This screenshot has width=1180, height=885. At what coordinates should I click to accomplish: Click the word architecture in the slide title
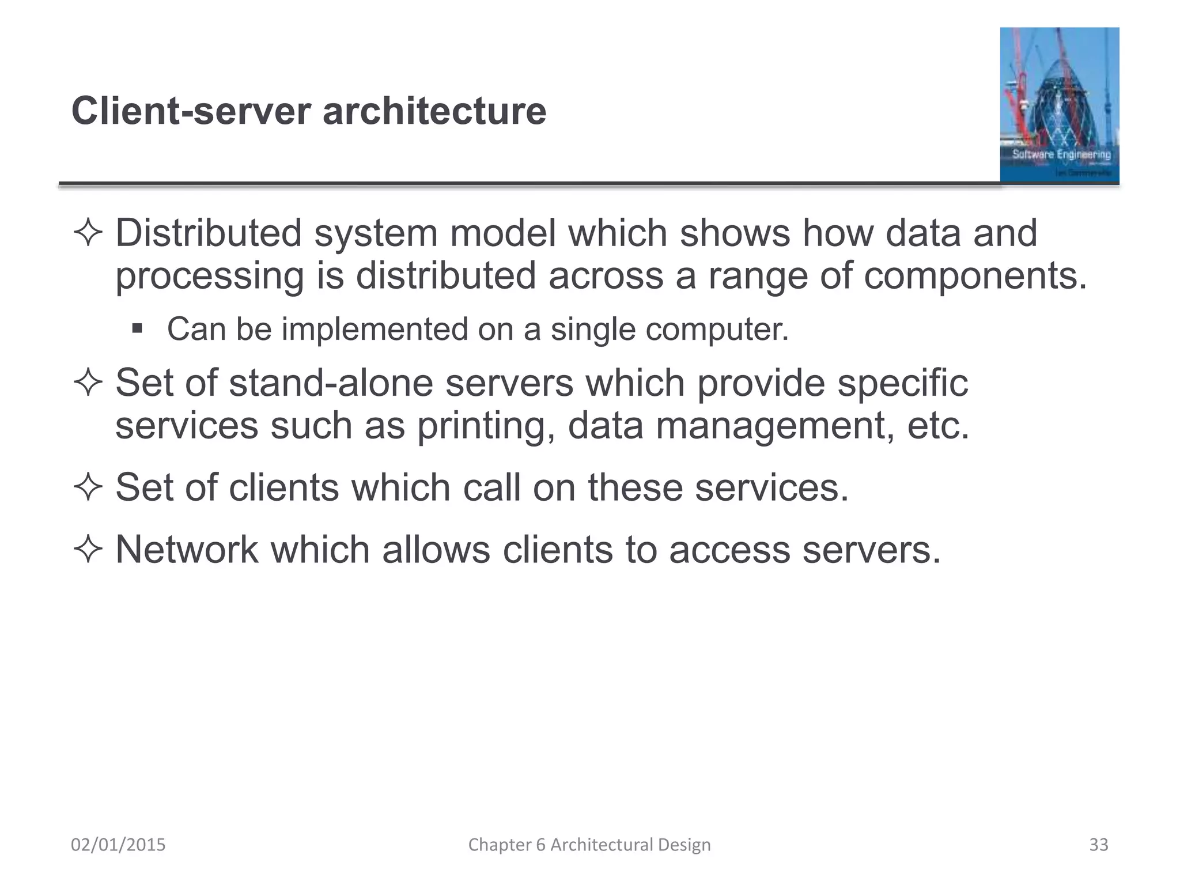434,111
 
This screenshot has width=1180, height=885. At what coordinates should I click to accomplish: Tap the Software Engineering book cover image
1059,105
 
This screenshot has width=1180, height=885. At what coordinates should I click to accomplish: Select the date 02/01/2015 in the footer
118,845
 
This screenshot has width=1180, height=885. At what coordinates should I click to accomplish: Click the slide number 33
1098,845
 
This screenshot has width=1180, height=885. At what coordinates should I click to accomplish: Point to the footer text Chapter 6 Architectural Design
589,845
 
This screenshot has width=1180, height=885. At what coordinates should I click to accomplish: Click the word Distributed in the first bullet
209,233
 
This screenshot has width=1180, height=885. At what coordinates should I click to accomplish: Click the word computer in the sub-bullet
717,329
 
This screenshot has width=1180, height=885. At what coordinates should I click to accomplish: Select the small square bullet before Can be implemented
137,328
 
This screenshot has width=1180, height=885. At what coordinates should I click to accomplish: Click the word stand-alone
331,383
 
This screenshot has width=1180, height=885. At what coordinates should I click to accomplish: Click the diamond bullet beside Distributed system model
88,233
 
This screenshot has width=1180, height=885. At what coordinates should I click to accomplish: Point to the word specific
902,383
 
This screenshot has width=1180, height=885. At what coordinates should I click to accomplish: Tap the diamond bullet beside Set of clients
88,487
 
